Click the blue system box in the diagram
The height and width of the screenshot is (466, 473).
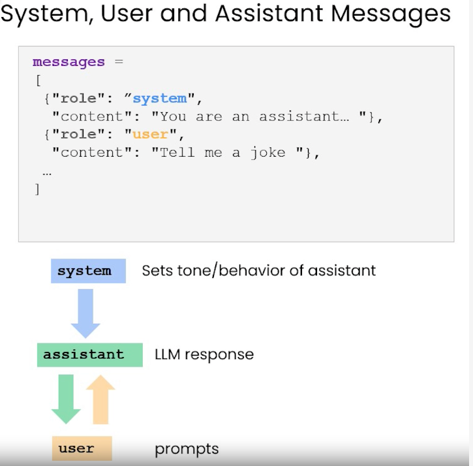click(88, 270)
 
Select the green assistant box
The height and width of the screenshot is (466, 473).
click(89, 355)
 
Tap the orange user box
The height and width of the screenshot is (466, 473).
click(82, 448)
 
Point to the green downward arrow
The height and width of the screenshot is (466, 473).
click(66, 398)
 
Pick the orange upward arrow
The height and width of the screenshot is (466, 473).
click(100, 399)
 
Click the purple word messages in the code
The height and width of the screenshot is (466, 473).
click(69, 63)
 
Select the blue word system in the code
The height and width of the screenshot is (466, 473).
click(159, 99)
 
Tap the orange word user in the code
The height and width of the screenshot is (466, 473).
click(150, 135)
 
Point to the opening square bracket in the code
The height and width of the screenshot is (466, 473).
click(37, 80)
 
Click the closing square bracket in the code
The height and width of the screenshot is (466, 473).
click(37, 189)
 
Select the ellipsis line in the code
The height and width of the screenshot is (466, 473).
click(46, 172)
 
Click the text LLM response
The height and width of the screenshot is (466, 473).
click(204, 355)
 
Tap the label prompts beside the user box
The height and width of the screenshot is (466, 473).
click(187, 449)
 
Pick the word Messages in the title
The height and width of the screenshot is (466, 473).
click(393, 14)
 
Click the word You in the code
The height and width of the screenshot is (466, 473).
click(173, 117)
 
